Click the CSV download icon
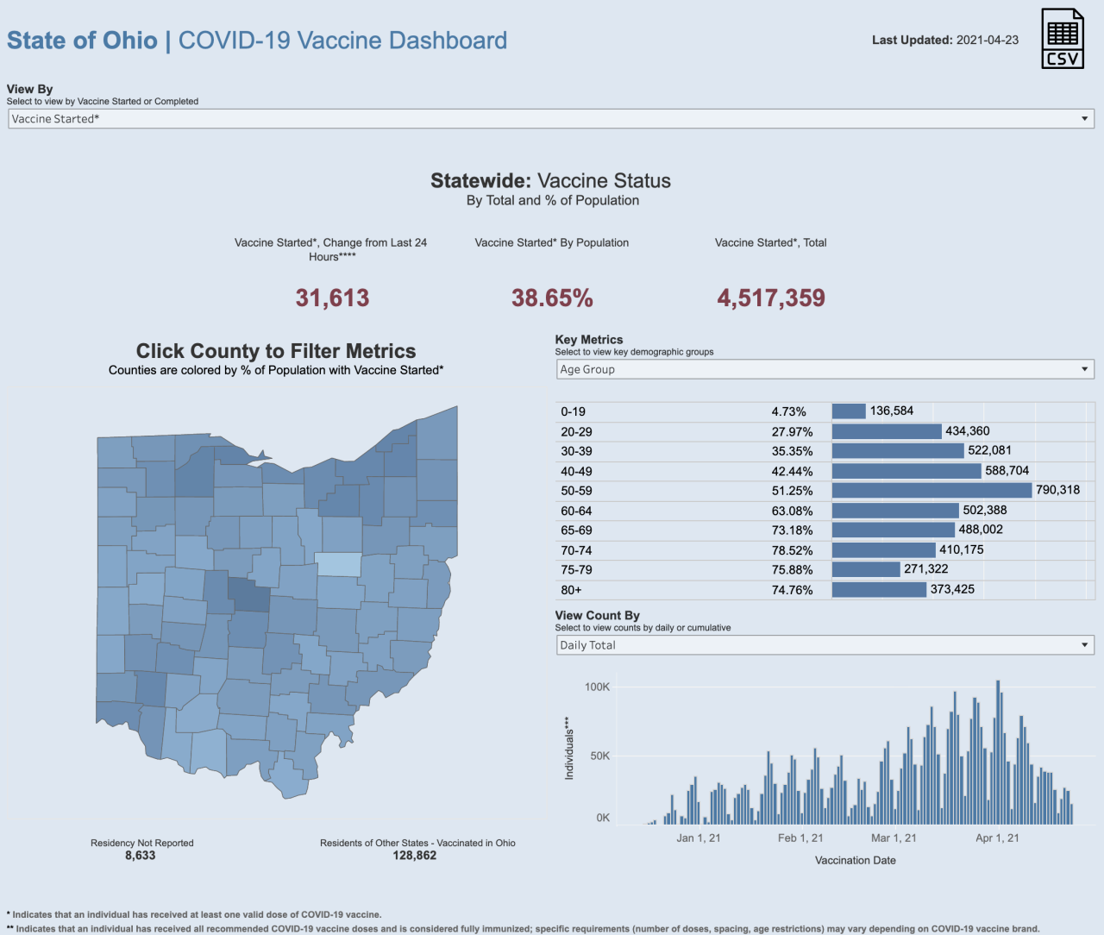(1062, 39)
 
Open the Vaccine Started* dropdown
(550, 119)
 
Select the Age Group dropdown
(825, 369)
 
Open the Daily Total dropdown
(825, 645)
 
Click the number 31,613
(332, 298)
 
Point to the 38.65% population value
(552, 298)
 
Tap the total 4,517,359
(771, 298)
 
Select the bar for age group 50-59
(931, 491)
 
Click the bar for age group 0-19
(849, 411)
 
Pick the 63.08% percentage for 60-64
(792, 511)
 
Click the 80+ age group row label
(571, 590)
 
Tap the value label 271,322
(925, 569)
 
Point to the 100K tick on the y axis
(597, 687)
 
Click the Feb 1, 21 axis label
(800, 838)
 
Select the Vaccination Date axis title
(855, 860)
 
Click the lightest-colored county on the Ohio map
(338, 564)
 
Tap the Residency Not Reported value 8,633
(141, 856)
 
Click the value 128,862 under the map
(415, 856)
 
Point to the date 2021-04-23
(988, 40)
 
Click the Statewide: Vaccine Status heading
(550, 181)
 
